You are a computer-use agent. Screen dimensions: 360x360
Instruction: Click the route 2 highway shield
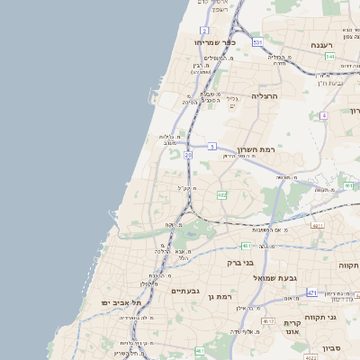pos(204,30)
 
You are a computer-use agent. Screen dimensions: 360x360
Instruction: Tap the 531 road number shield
pos(258,42)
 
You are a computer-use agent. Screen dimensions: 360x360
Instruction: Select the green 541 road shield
pos(330,57)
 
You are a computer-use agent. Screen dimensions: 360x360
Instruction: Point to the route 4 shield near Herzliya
pos(324,115)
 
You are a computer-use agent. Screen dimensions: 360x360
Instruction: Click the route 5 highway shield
pos(211,145)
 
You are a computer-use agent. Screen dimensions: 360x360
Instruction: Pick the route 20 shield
pos(188,156)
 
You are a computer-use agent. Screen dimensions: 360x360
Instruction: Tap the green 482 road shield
pos(221,194)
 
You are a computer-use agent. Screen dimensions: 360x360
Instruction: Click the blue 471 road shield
pos(311,293)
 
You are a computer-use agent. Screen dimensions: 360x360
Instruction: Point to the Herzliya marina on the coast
pos(153,97)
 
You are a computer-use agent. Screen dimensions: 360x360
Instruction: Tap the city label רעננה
pos(321,44)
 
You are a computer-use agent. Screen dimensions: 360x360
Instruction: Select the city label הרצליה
pos(265,95)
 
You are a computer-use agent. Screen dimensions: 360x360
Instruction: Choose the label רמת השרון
pos(256,149)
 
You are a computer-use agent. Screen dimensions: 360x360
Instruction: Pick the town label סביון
pos(332,347)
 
